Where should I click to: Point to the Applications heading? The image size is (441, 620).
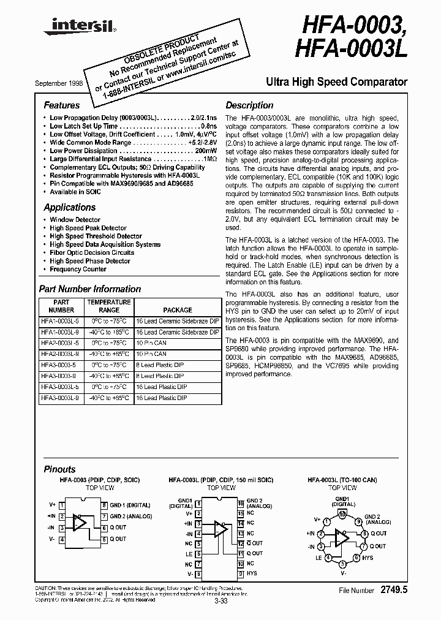point(69,207)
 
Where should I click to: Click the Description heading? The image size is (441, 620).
point(249,105)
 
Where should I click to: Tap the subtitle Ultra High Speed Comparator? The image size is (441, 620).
point(336,81)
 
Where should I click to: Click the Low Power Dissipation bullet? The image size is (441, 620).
point(83,151)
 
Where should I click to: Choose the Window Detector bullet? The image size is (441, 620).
point(75,219)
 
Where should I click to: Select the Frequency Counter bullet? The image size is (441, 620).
point(78,269)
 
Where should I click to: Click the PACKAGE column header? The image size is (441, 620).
point(178,310)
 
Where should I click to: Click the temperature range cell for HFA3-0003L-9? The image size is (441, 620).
point(108,398)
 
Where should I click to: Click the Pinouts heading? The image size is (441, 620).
point(59,469)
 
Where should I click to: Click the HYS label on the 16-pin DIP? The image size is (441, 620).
point(252,573)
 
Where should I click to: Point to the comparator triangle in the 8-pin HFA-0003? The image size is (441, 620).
point(79,522)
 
